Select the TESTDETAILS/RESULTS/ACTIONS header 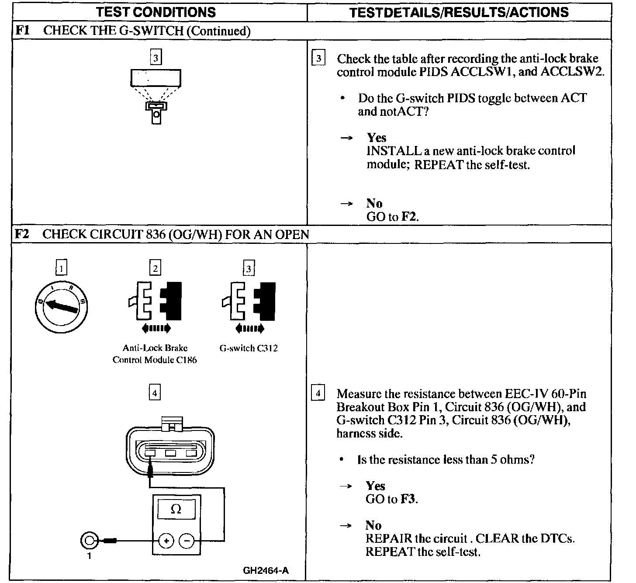(x=459, y=12)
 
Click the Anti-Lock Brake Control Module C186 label (x=155, y=354)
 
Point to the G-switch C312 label (x=248, y=348)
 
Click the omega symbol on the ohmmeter (x=176, y=509)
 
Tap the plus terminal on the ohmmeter (x=166, y=541)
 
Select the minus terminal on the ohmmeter (x=187, y=541)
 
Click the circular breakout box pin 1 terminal (x=89, y=541)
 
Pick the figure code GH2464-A (x=266, y=570)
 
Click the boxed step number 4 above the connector (x=155, y=393)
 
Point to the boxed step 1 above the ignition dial (x=62, y=267)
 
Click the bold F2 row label (x=22, y=234)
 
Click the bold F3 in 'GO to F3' (x=408, y=499)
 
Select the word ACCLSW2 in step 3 (x=572, y=72)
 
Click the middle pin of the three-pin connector (x=171, y=453)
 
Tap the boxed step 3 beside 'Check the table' (x=318, y=59)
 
